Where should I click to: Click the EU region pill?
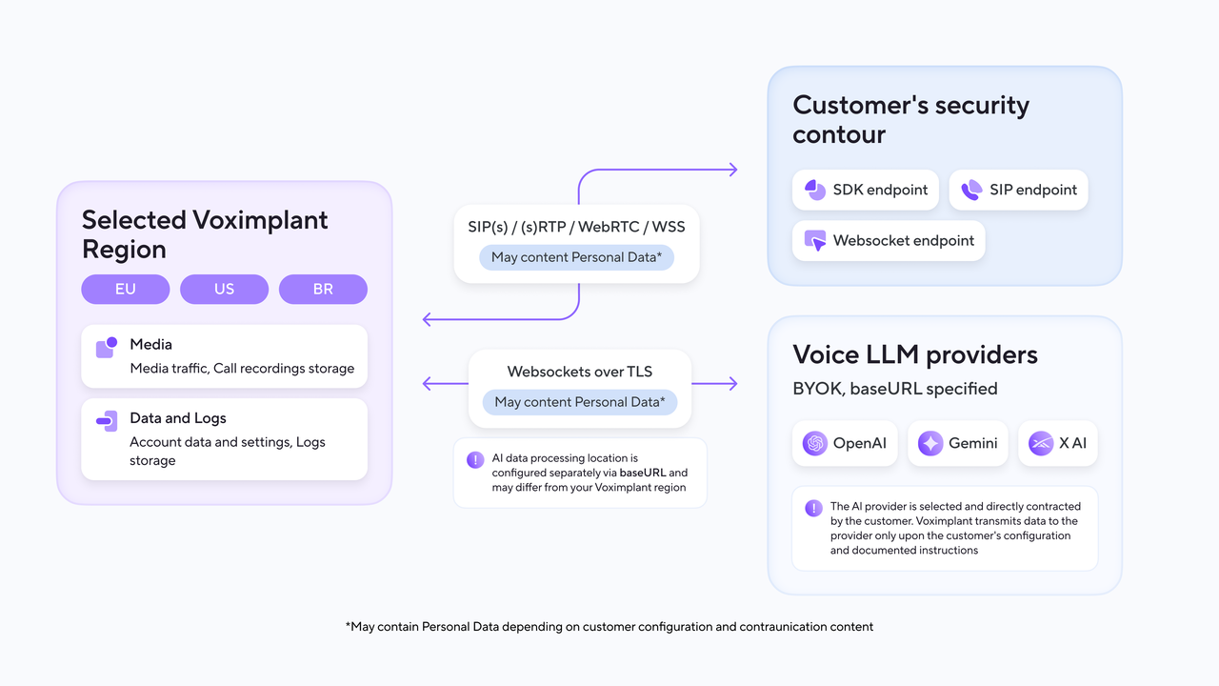[x=125, y=289]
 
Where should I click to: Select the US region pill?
[x=224, y=289]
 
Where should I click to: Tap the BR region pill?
[x=323, y=289]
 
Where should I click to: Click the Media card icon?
[x=107, y=348]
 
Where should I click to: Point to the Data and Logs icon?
[x=107, y=421]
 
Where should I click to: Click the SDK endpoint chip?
[x=866, y=190]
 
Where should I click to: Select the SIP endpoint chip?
[x=1019, y=190]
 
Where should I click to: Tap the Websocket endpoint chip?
[x=889, y=241]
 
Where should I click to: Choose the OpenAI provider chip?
[x=845, y=443]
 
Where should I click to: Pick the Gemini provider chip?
[x=958, y=443]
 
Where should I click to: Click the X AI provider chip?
[x=1058, y=443]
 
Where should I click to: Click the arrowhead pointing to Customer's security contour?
[x=733, y=170]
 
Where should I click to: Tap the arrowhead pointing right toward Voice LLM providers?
[x=733, y=384]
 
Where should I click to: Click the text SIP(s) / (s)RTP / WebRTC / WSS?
[x=576, y=227]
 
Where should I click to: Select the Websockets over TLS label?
[x=580, y=372]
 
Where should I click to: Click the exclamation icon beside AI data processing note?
[x=475, y=460]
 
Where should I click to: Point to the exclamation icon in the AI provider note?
[x=813, y=509]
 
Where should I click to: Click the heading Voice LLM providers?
[x=915, y=354]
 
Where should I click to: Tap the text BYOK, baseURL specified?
[x=895, y=389]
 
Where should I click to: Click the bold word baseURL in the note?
[x=643, y=473]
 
